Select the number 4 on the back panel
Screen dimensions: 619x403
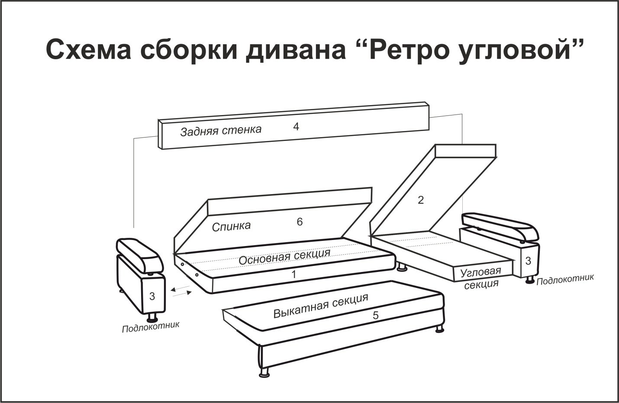point(296,127)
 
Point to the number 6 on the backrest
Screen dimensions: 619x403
point(300,222)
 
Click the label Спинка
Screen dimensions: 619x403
point(231,227)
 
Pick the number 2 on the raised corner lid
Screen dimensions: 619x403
point(421,200)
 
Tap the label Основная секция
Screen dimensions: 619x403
point(284,257)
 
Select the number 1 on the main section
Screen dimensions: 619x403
point(294,275)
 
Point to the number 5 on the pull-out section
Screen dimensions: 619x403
point(375,315)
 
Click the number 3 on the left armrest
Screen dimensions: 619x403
point(152,297)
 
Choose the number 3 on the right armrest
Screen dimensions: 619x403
point(528,261)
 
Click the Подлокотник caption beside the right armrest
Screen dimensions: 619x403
point(565,279)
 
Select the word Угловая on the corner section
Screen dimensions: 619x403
point(480,272)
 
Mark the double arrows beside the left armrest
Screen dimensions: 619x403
point(181,291)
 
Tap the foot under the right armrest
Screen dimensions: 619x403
point(529,280)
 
